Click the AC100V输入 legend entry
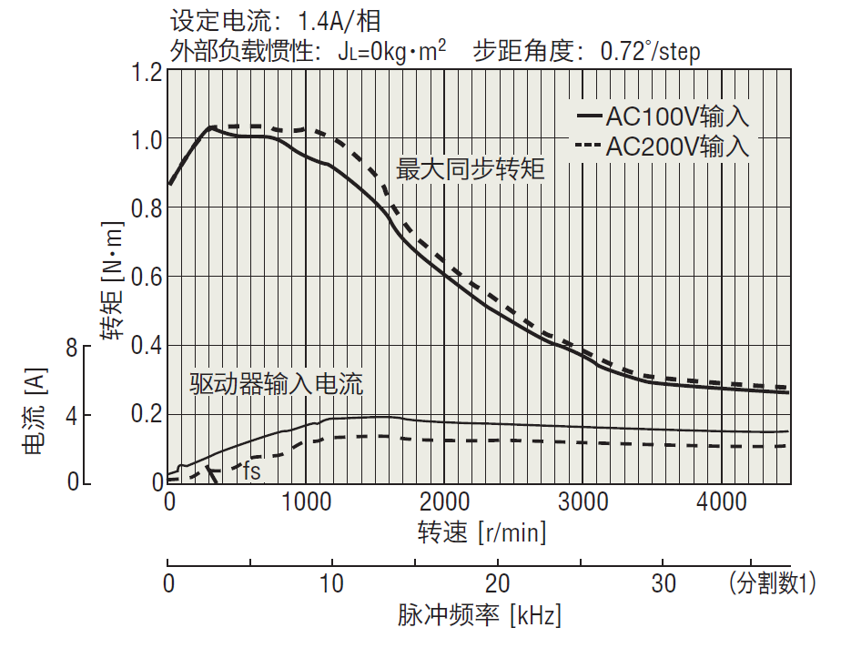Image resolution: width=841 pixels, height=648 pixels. [664, 116]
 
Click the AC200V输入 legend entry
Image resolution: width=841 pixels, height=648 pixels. [664, 146]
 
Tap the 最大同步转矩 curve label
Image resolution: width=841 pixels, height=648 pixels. [471, 169]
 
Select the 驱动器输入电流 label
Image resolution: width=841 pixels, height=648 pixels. [277, 384]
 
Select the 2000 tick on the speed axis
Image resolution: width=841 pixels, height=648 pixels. [444, 502]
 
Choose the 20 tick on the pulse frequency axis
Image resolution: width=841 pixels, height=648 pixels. [498, 583]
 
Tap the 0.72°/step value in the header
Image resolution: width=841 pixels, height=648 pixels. [650, 50]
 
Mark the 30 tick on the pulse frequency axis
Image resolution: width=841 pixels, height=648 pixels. [664, 583]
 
